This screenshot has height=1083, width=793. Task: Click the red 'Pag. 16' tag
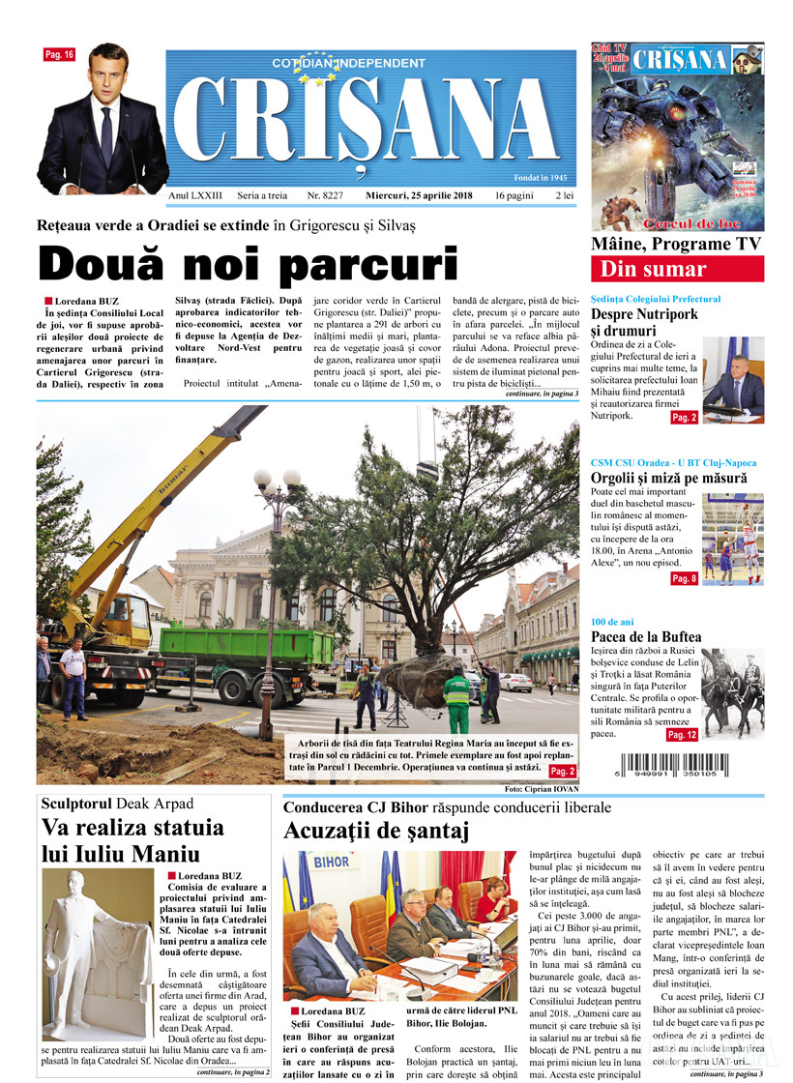(58, 55)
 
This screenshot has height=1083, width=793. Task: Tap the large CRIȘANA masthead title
(367, 121)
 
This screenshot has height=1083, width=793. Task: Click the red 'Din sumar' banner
(677, 269)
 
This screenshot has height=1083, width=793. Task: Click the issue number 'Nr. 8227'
(325, 195)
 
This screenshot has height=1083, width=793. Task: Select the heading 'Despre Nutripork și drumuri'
(646, 322)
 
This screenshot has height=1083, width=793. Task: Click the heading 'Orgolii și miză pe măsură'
(668, 478)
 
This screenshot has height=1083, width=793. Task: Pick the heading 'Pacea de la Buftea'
(646, 636)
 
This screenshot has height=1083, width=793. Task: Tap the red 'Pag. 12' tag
(682, 736)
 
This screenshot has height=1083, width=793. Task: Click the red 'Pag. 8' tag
(684, 578)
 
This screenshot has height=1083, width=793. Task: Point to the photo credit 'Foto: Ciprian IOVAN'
(541, 789)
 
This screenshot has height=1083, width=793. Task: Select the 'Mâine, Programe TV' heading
(676, 244)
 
